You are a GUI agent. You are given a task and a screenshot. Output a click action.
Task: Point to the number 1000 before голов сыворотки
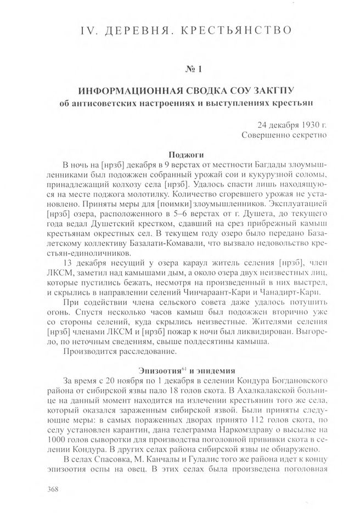pyautogui.click(x=73, y=441)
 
